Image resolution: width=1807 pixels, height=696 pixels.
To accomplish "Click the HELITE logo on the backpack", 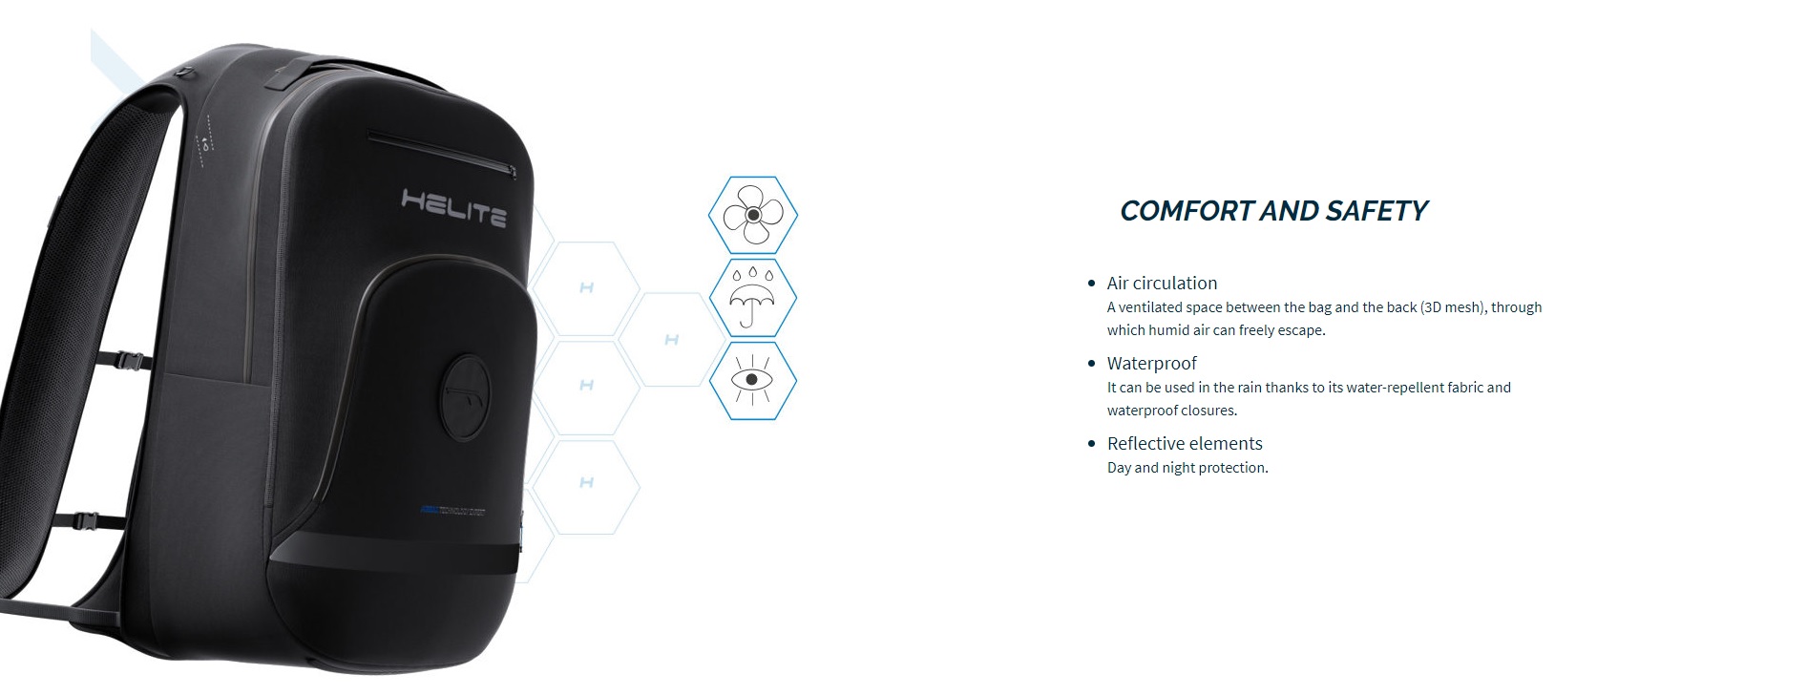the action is pyautogui.click(x=453, y=208).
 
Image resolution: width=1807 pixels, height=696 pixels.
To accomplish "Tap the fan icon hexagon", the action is pyautogui.click(x=753, y=215).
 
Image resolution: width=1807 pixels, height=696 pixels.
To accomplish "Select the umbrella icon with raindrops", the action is pyautogui.click(x=753, y=297).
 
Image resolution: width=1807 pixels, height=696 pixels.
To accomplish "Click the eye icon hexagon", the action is pyautogui.click(x=753, y=380).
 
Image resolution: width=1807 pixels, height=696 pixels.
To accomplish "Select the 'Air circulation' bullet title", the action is pyautogui.click(x=1162, y=283).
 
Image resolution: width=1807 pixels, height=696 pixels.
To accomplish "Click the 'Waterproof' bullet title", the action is pyautogui.click(x=1151, y=364).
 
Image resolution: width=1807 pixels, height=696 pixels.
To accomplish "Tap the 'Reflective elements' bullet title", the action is pyautogui.click(x=1185, y=443).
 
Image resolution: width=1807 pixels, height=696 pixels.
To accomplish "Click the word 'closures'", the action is pyautogui.click(x=1206, y=411).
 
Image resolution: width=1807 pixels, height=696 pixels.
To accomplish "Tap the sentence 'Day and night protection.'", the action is pyautogui.click(x=1187, y=468).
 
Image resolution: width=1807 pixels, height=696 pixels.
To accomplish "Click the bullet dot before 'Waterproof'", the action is pyautogui.click(x=1092, y=364).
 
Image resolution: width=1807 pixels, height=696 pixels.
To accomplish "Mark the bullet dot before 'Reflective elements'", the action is pyautogui.click(x=1092, y=444).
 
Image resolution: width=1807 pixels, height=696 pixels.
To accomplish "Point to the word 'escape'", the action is pyautogui.click(x=1300, y=330).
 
